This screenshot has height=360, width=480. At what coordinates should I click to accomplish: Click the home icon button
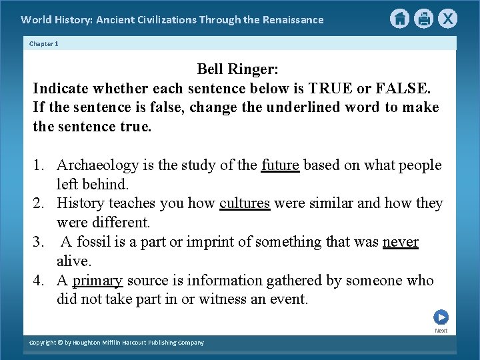pos(399,19)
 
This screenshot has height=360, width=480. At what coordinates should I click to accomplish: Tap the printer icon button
pos(423,19)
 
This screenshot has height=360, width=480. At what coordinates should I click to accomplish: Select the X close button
pos(448,19)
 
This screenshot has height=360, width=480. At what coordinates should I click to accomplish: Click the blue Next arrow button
pos(441,317)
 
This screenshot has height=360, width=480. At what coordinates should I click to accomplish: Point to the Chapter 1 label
pos(44,43)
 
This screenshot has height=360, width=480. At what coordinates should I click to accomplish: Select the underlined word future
pos(280,165)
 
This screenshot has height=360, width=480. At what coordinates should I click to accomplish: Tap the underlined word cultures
pos(245,203)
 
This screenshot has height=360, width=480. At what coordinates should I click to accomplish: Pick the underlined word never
pos(400,242)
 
